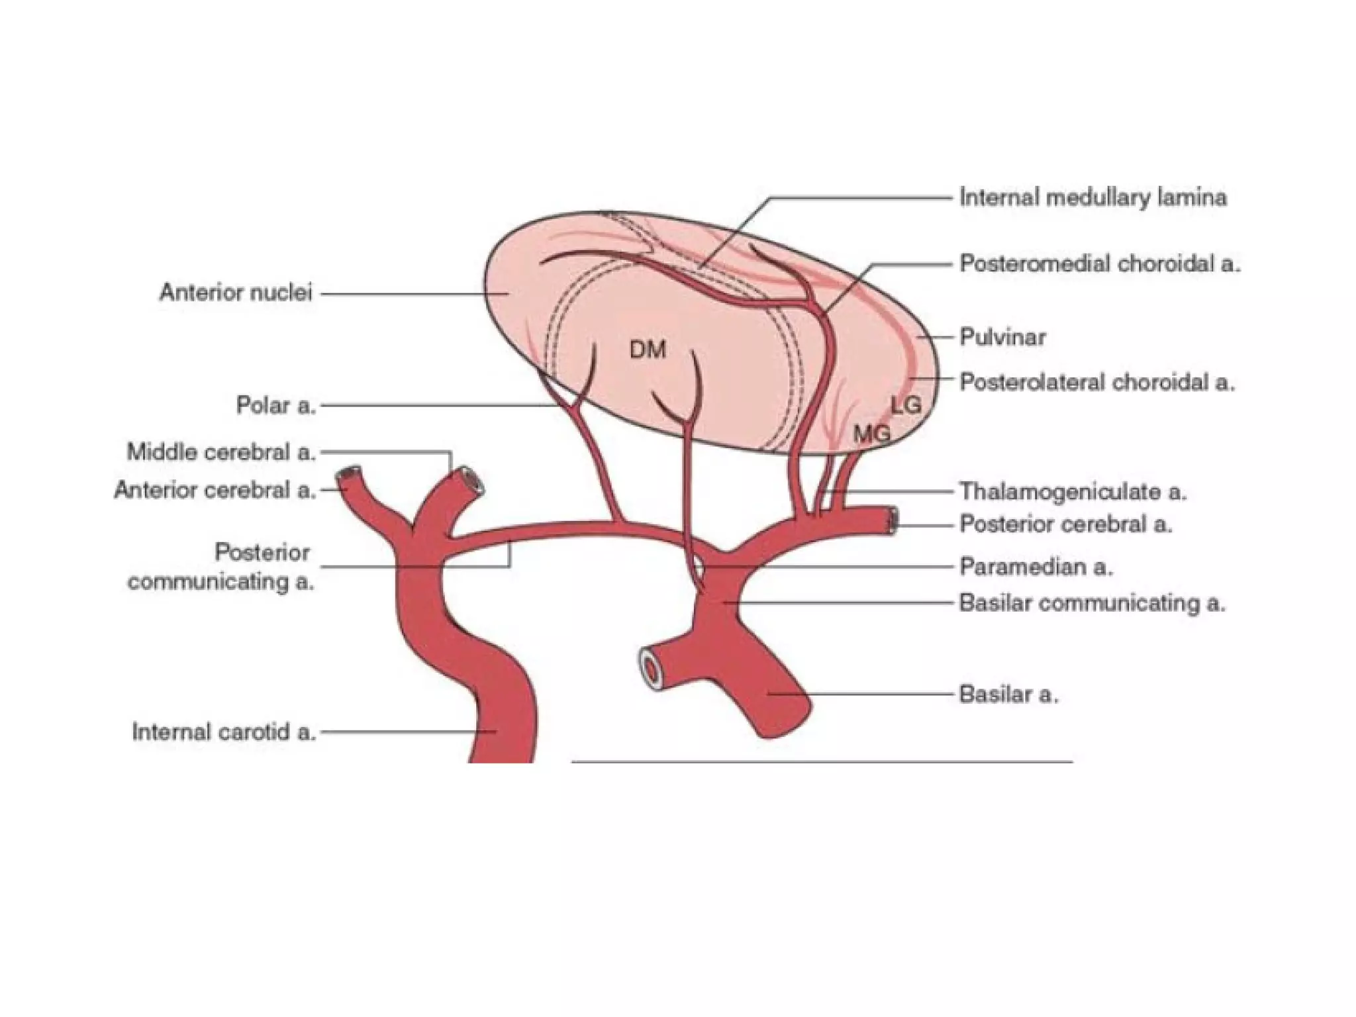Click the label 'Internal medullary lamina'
(x=1093, y=197)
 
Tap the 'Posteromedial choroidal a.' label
(x=1100, y=264)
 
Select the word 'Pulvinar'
(x=1002, y=337)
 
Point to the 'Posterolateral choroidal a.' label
(x=1097, y=382)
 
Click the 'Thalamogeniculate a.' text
(x=1073, y=491)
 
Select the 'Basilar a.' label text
(x=1008, y=694)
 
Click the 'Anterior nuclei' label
(x=236, y=293)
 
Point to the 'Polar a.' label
(x=276, y=405)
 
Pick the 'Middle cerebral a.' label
(x=221, y=452)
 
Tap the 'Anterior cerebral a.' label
(x=215, y=490)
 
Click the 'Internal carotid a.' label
(x=224, y=732)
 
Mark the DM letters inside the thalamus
(x=648, y=350)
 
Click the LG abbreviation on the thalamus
(x=906, y=405)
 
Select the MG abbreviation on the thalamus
(x=872, y=434)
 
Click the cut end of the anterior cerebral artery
(x=348, y=474)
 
